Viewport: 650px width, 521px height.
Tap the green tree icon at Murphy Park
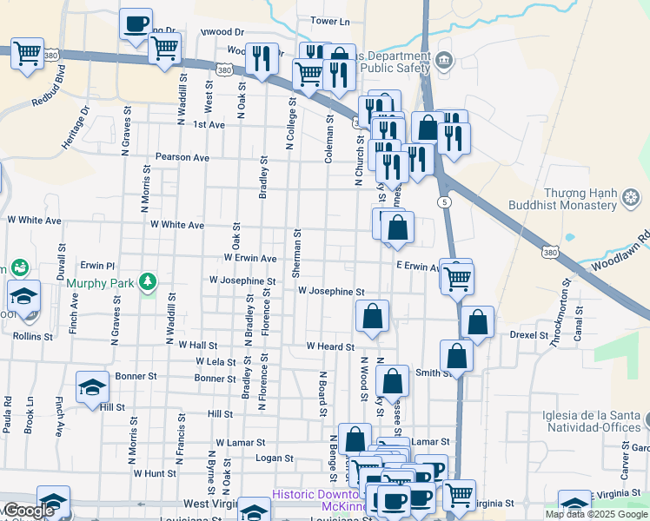(149, 281)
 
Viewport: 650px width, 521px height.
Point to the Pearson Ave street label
(182, 158)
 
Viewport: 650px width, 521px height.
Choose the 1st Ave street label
(209, 124)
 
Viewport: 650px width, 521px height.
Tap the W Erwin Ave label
(249, 258)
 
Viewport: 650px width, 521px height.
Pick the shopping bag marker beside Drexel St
(477, 322)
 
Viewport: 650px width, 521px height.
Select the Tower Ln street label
(329, 21)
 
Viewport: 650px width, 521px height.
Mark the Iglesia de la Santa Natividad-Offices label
(590, 421)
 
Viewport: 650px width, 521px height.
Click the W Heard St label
(330, 346)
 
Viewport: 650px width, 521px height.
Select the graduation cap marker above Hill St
(92, 387)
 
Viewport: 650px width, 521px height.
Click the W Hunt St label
(155, 473)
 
